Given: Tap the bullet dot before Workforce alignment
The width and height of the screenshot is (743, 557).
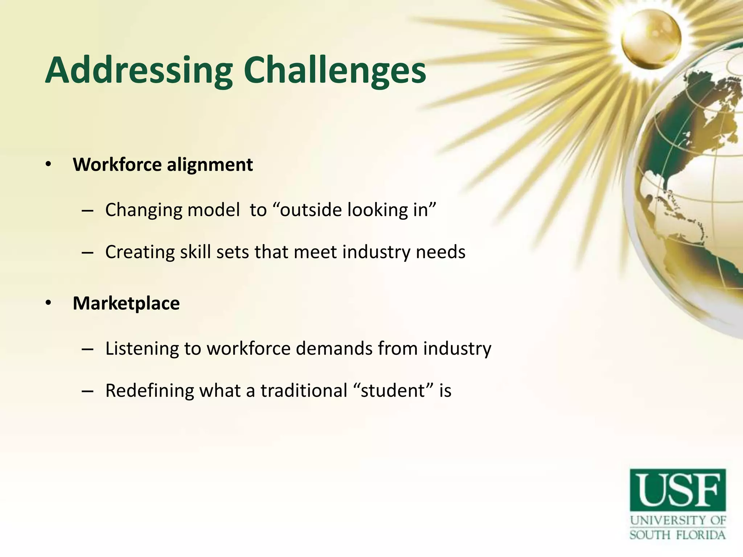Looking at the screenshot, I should (49, 165).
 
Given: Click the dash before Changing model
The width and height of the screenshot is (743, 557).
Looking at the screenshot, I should (88, 211).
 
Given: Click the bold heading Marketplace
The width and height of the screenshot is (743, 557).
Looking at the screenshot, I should (126, 304).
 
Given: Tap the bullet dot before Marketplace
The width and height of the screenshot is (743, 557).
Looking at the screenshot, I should (49, 304).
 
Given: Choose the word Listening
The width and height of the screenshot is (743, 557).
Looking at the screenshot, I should (142, 349).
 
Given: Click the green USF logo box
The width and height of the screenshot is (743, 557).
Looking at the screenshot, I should (678, 490).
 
